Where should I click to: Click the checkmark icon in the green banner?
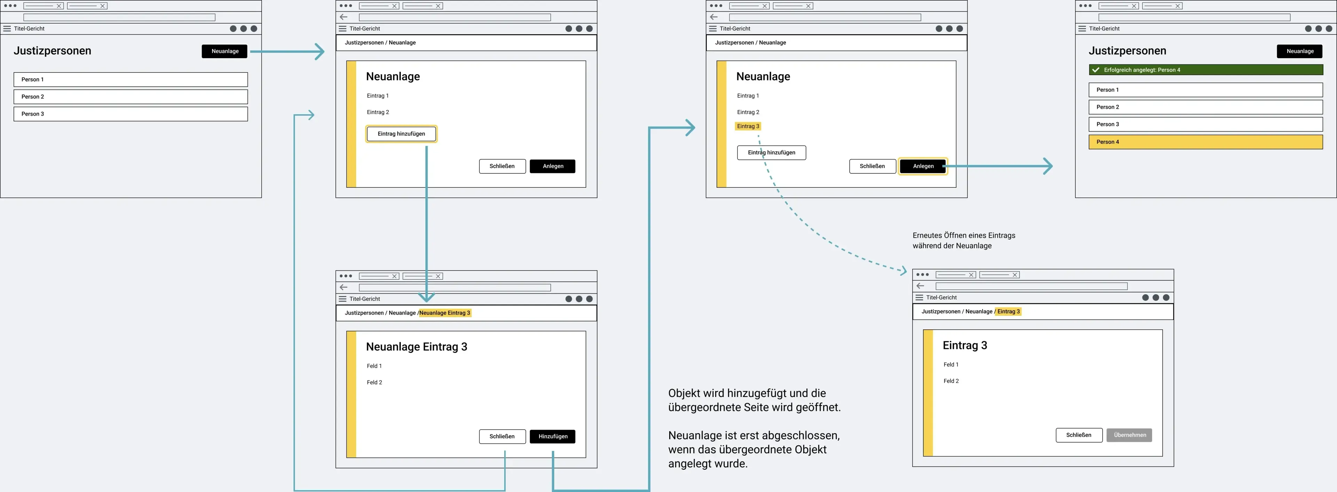pos(1096,70)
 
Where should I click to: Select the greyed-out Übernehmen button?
pos(1129,435)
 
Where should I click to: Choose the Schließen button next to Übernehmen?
pos(1079,435)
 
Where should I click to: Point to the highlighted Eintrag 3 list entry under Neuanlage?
pos(748,126)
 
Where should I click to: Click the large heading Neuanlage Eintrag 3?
pos(416,347)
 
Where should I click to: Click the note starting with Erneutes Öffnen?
pos(964,240)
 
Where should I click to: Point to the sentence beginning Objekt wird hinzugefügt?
pos(754,400)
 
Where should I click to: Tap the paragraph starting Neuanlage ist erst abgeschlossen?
pos(753,450)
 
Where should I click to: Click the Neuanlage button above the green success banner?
pos(1300,51)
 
